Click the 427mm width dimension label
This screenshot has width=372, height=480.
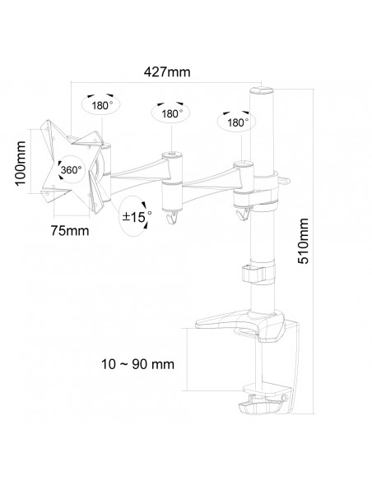(x=167, y=72)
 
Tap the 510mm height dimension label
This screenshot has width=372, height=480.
(x=303, y=241)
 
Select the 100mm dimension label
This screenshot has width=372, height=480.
(x=21, y=163)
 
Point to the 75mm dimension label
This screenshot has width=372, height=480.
(x=70, y=230)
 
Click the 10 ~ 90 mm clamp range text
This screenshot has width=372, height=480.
(x=138, y=364)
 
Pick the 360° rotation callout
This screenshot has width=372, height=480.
(x=71, y=169)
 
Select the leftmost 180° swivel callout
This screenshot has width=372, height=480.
(x=100, y=104)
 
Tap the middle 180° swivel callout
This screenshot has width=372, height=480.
(x=170, y=113)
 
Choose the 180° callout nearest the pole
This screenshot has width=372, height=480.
(x=237, y=122)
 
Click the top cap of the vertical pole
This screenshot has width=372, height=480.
(x=262, y=90)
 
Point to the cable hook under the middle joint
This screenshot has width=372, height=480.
(x=172, y=217)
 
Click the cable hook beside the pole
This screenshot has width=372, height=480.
(x=244, y=213)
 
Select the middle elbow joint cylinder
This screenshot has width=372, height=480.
(x=172, y=182)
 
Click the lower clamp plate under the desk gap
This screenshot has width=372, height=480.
(x=267, y=389)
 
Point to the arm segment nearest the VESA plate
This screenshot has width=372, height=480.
(x=137, y=172)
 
